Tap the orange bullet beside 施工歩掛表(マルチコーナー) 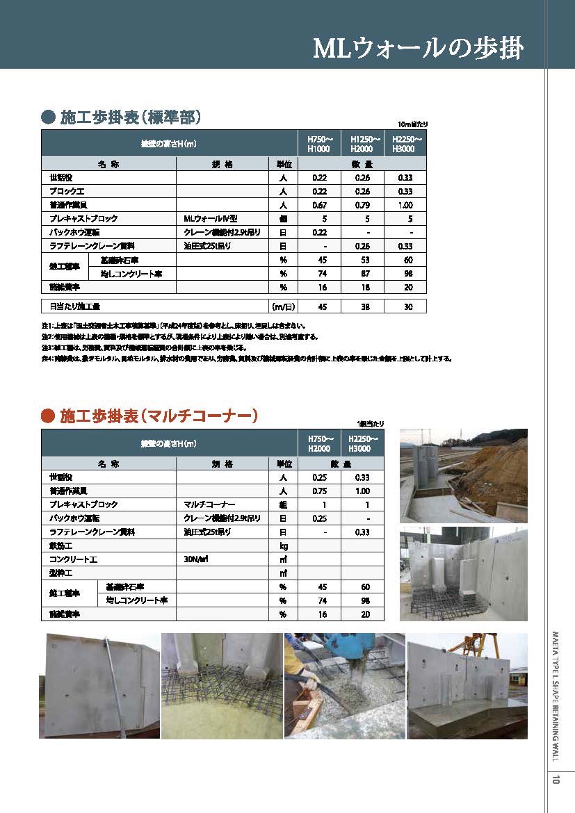pos(48,416)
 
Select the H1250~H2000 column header pos(362,144)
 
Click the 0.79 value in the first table pos(362,205)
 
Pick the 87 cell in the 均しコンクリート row pos(362,273)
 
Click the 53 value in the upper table pos(362,260)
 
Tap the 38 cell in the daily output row pos(362,306)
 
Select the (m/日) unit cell pos(283,306)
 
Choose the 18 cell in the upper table pos(362,287)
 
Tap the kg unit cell pos(283,545)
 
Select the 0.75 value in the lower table pos(320,491)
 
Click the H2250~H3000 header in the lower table pos(362,443)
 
